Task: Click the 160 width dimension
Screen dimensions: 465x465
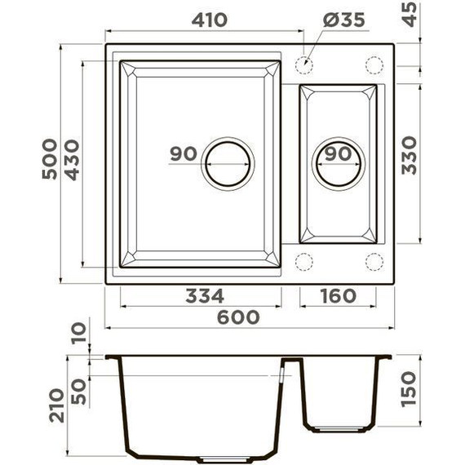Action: tap(336, 295)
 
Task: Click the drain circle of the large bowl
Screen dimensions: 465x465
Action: tap(228, 163)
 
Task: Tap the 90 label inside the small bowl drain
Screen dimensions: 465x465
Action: tap(338, 153)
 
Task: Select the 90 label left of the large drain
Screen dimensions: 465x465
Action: tap(185, 153)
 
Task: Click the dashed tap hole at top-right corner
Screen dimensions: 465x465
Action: tap(374, 64)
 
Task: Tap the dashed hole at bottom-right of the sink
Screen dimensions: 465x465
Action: tap(374, 261)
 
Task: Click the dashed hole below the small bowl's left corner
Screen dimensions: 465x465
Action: tap(304, 261)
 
